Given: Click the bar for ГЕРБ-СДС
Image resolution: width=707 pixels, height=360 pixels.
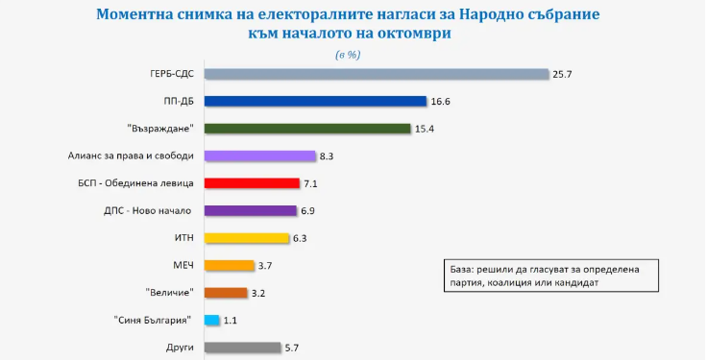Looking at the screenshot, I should (376, 74).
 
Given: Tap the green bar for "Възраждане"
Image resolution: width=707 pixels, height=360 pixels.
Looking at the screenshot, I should (307, 129).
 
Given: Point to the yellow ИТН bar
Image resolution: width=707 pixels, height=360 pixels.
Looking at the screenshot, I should (248, 238).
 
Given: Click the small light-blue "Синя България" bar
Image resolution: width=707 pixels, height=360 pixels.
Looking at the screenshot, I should (213, 320).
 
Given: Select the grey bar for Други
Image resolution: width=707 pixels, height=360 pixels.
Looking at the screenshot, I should (243, 348).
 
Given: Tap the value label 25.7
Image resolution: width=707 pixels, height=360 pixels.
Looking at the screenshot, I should (563, 74).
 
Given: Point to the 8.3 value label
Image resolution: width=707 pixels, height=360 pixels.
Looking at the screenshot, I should (329, 156).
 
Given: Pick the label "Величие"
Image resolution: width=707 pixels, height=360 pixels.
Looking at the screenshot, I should (170, 292).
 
